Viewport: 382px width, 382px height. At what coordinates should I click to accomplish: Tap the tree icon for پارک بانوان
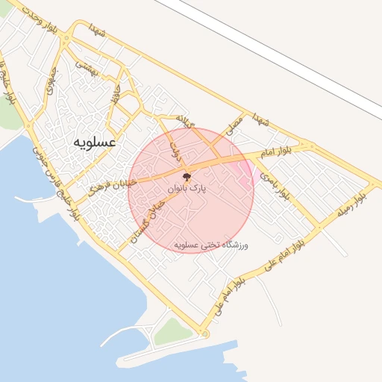(x=187, y=178)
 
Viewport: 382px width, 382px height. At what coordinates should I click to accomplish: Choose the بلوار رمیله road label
(x=354, y=203)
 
